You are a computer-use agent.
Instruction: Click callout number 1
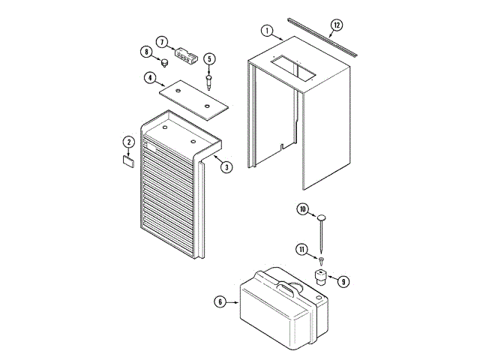[x=266, y=31]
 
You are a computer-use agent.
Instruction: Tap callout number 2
[x=128, y=142]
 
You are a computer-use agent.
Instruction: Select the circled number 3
[x=226, y=166]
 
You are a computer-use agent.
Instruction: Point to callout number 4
[x=150, y=77]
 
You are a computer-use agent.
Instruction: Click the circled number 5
[x=209, y=58]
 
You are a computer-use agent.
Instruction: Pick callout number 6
[x=220, y=301]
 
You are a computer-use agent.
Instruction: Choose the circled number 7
[x=162, y=41]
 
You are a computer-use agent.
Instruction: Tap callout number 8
[x=145, y=52]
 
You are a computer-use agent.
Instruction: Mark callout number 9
[x=343, y=282]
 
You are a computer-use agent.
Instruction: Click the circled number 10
[x=302, y=209]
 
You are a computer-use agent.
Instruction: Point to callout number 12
[x=337, y=25]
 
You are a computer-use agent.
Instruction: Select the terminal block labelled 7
[x=184, y=53]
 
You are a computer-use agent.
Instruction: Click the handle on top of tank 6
[x=286, y=287]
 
